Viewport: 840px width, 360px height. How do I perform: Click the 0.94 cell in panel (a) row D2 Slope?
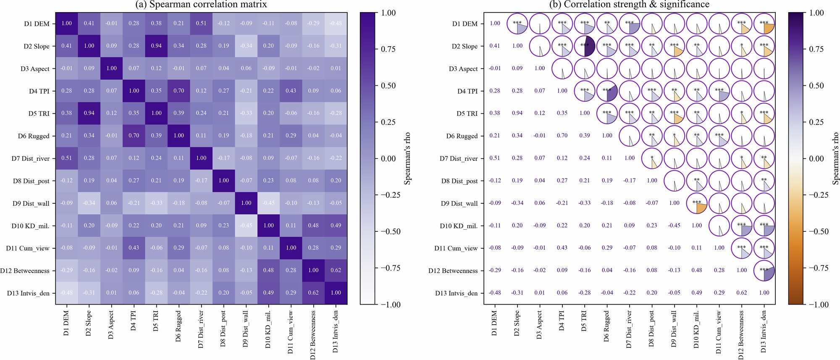pyautogui.click(x=156, y=46)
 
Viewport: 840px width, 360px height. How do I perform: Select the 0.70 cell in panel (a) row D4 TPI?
pyautogui.click(x=178, y=91)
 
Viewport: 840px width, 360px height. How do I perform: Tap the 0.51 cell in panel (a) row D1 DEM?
pyautogui.click(x=201, y=24)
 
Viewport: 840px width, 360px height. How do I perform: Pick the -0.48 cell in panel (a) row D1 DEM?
pyautogui.click(x=336, y=24)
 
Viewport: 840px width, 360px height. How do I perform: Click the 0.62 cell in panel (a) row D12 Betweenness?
pyautogui.click(x=336, y=271)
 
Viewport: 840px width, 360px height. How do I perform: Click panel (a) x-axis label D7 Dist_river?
pyautogui.click(x=201, y=329)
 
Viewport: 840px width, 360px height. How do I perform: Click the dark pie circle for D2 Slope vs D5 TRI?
pyautogui.click(x=585, y=46)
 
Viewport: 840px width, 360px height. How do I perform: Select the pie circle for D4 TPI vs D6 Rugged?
pyautogui.click(x=607, y=91)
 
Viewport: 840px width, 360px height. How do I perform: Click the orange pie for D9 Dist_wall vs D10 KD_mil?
pyautogui.click(x=697, y=203)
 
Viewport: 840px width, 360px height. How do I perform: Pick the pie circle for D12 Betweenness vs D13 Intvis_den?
pyautogui.click(x=764, y=271)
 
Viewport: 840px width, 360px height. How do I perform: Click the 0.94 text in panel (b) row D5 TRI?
pyautogui.click(x=517, y=113)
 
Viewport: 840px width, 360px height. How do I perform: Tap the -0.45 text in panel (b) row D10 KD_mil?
pyautogui.click(x=674, y=226)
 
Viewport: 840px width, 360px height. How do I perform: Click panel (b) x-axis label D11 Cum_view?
pyautogui.click(x=719, y=332)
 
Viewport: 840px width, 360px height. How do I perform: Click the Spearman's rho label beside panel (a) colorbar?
pyautogui.click(x=407, y=158)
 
